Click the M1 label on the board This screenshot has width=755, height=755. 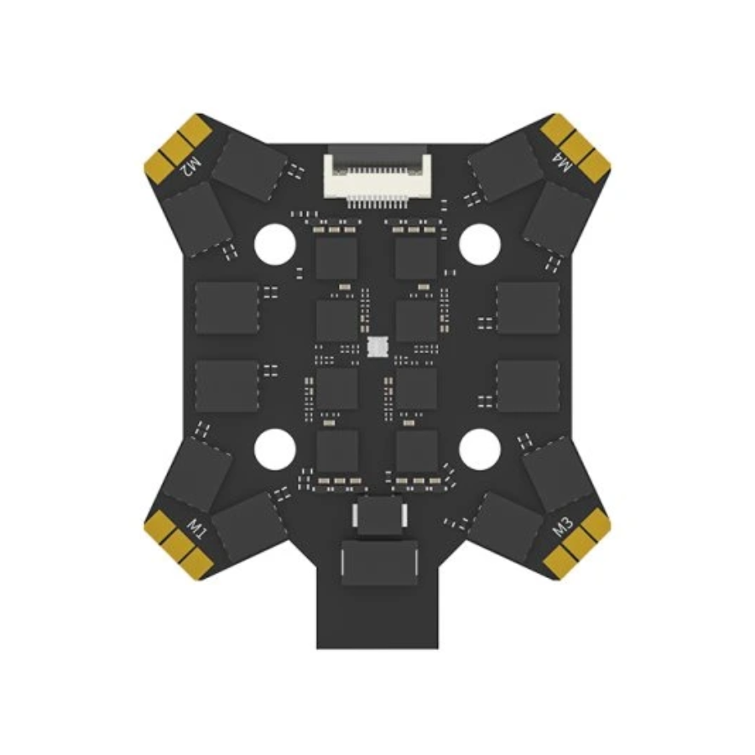(x=196, y=529)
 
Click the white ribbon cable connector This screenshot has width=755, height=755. (x=377, y=174)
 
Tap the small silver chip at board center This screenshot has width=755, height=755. (x=377, y=347)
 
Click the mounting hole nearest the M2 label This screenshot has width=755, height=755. (x=274, y=244)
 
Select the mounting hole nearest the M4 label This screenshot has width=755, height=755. (x=480, y=244)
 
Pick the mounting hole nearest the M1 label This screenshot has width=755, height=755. (x=274, y=450)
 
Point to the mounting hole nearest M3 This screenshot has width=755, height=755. (x=480, y=450)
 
